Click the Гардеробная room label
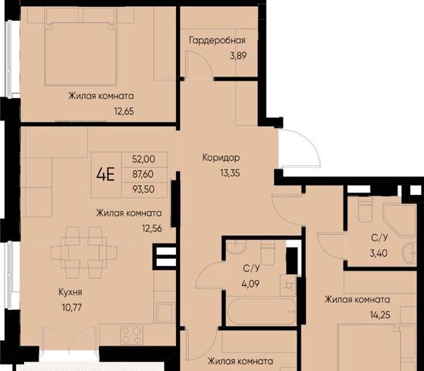click(217, 41)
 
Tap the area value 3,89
click(238, 56)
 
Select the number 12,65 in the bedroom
click(124, 111)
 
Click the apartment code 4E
click(106, 174)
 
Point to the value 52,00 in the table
click(144, 159)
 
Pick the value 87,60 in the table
click(143, 174)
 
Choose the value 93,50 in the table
click(144, 189)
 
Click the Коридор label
click(221, 158)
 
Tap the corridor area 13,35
click(230, 173)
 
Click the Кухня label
click(70, 292)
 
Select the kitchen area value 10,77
click(72, 308)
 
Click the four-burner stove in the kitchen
click(132, 335)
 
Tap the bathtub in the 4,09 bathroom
click(262, 311)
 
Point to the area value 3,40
click(378, 254)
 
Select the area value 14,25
click(380, 315)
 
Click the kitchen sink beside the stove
click(165, 313)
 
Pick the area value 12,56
click(152, 229)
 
